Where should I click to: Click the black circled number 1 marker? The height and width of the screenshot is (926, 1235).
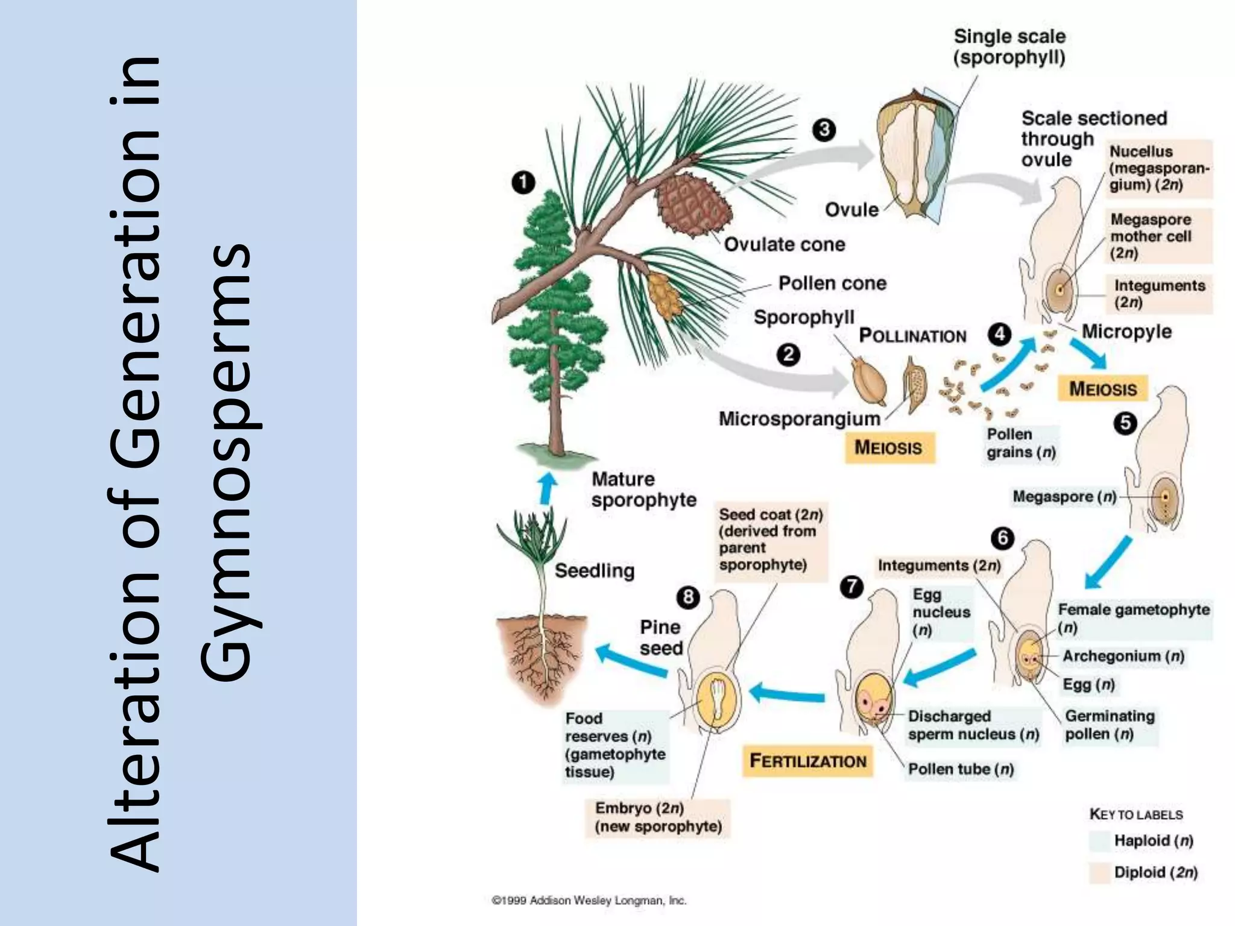point(523,182)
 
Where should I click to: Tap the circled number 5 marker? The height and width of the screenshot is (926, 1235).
point(1125,423)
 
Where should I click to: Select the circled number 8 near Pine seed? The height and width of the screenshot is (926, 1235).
point(688,597)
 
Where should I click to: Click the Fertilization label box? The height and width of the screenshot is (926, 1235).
point(807,761)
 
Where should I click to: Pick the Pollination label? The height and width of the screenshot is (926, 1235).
point(912,336)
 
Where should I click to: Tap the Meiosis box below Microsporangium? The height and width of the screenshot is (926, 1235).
point(889,447)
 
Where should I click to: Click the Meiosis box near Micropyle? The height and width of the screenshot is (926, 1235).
point(1102,389)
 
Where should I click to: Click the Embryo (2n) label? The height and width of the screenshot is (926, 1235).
point(657,817)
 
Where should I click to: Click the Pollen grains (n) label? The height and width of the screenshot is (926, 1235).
point(1020,443)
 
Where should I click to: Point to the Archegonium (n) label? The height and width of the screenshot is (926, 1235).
point(1122,656)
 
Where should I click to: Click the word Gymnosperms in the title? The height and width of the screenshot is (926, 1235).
point(226,462)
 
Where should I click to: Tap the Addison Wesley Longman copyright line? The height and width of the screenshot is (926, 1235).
point(589,901)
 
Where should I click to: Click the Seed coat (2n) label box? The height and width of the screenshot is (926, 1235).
point(770,540)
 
